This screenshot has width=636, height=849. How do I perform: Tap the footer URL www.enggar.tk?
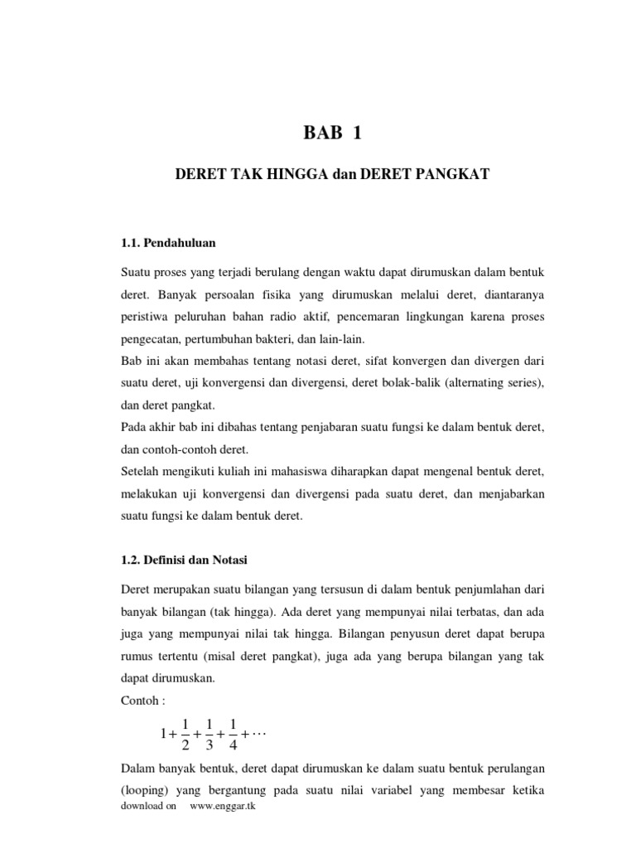[223, 807]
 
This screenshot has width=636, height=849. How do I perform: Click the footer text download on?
[148, 807]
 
